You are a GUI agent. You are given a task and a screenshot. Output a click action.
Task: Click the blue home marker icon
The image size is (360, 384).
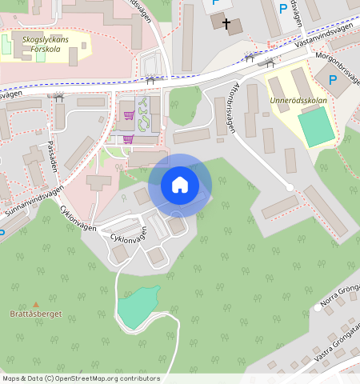click(x=180, y=185)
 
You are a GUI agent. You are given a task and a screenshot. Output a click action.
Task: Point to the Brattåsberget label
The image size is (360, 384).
click(x=36, y=314)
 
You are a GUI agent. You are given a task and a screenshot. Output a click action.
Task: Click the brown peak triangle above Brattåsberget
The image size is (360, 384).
click(x=36, y=304)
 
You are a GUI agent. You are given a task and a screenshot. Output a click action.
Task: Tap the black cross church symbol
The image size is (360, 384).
click(x=226, y=24)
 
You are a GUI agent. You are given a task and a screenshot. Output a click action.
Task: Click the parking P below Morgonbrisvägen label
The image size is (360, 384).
click(x=331, y=78)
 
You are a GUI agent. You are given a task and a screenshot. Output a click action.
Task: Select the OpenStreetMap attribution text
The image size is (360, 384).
click(x=80, y=378)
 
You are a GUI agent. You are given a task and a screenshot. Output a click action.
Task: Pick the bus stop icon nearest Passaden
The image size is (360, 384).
click(x=58, y=96)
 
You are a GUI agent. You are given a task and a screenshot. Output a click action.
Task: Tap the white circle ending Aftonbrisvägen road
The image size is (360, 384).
click(x=290, y=187)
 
